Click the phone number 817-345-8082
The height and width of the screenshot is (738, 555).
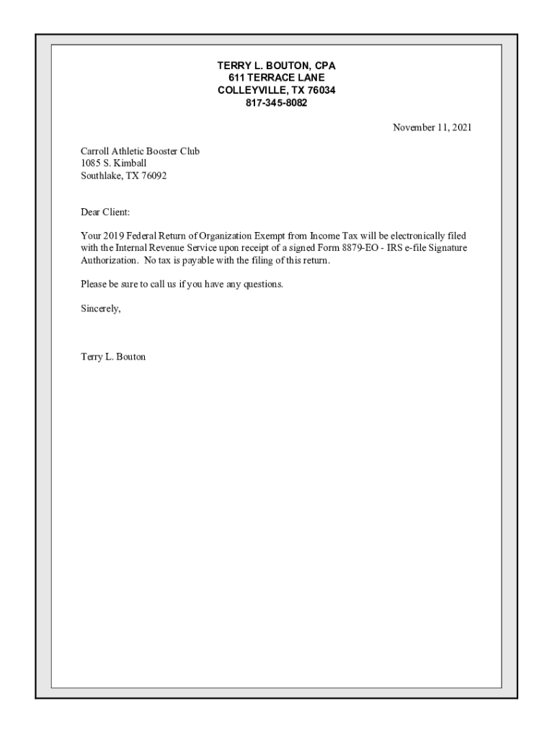[x=277, y=103]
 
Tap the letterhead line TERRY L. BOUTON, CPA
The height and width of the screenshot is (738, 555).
[x=277, y=66]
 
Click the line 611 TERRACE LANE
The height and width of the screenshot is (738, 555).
[x=277, y=78]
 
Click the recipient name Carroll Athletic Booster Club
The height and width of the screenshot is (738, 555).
[x=140, y=151]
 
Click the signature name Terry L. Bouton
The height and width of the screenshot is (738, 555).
[x=113, y=357]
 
